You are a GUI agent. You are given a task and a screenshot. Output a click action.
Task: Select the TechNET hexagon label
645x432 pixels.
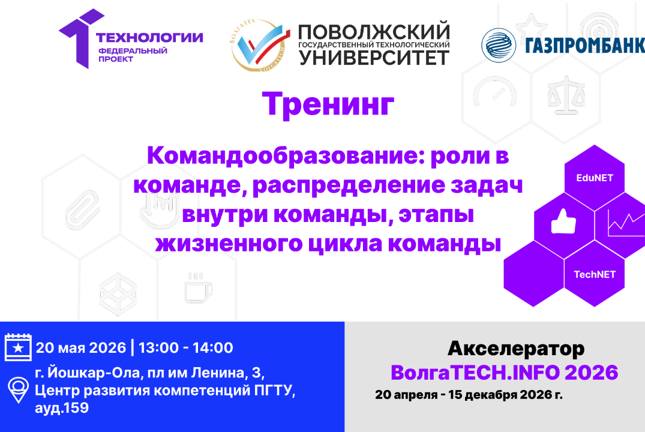595,274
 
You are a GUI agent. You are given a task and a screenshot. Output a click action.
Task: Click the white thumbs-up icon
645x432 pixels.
563,223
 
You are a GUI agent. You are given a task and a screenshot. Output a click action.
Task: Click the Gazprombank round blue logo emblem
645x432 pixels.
499,44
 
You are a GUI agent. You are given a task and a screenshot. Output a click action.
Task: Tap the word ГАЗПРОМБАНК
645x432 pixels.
584,46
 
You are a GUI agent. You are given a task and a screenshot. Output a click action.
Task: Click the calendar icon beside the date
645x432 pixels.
18,347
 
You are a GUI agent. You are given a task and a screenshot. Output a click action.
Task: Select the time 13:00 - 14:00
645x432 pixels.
187,347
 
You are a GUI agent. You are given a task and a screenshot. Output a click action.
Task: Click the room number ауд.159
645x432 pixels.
62,409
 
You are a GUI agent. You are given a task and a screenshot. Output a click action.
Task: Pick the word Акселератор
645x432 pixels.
516,349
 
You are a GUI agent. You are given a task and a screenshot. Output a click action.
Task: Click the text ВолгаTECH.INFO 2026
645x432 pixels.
504,373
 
